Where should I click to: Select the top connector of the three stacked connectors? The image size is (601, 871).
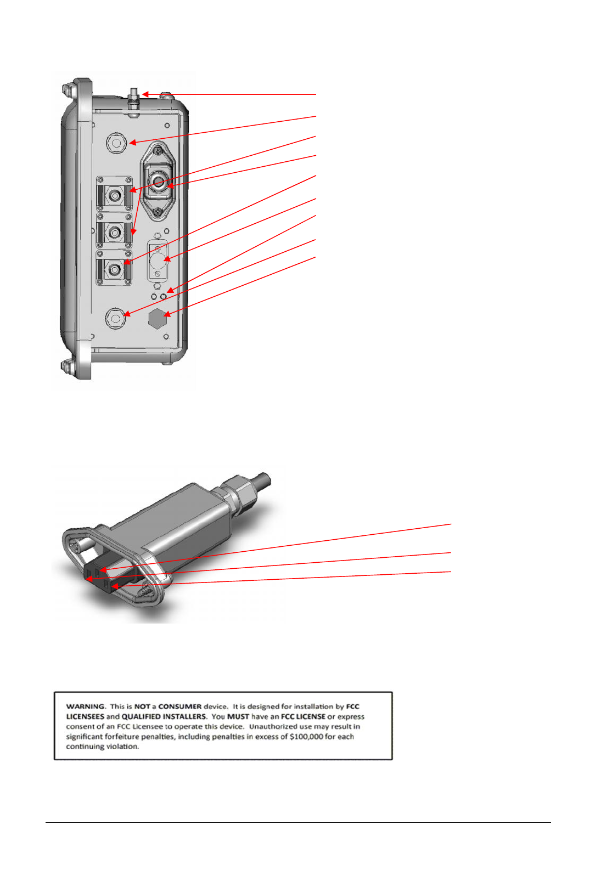(x=114, y=194)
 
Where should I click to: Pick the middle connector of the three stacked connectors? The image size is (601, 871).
(x=114, y=233)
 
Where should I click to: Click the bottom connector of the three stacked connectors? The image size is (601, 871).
(x=114, y=269)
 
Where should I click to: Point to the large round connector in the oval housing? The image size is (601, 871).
(x=158, y=183)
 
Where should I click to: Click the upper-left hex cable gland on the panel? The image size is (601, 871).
(x=116, y=143)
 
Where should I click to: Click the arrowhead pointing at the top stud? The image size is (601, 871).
(x=145, y=94)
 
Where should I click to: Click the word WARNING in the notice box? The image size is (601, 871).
(x=85, y=706)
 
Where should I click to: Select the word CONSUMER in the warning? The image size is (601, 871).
(x=180, y=706)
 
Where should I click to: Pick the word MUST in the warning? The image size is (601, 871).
(x=238, y=716)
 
